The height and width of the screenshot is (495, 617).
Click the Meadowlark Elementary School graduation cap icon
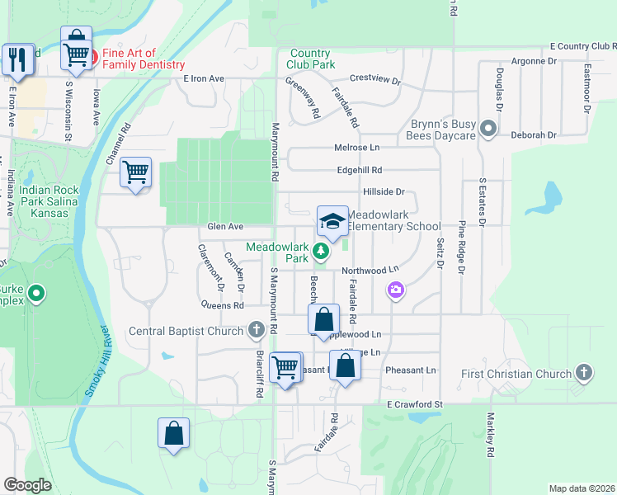[332, 221]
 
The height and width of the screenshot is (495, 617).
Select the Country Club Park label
[312, 59]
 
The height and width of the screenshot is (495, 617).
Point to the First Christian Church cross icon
[584, 373]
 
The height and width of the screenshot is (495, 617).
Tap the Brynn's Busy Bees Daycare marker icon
[488, 129]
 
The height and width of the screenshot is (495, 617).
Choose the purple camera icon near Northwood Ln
[396, 290]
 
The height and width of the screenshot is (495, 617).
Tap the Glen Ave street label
[225, 226]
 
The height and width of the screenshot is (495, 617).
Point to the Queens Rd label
[223, 304]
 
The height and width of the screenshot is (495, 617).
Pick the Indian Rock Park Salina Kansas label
[49, 201]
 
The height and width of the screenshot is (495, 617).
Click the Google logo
[28, 485]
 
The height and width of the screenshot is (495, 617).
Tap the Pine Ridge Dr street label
[462, 247]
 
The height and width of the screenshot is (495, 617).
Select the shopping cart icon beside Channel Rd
[135, 173]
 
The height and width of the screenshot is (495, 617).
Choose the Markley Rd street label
[490, 436]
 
